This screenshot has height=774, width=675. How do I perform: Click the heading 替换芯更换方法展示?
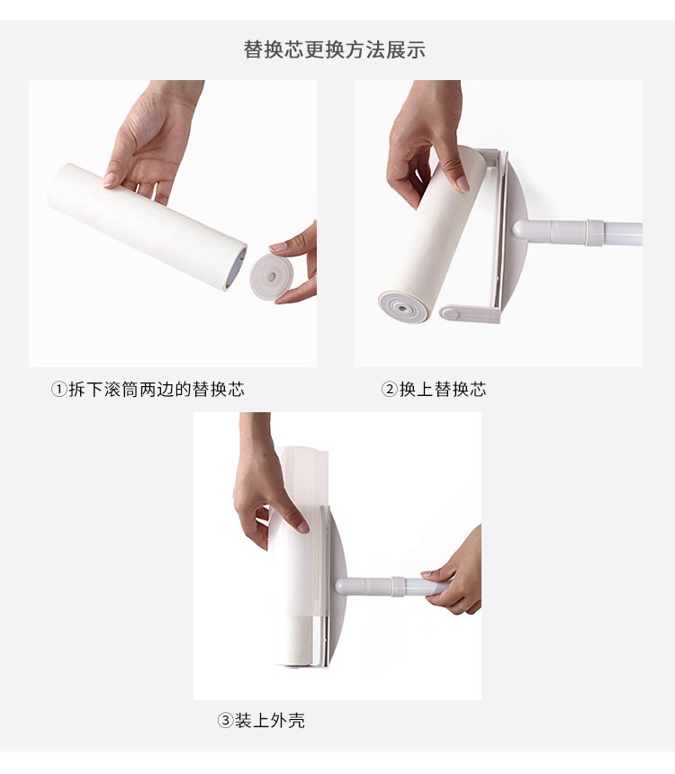click(334, 49)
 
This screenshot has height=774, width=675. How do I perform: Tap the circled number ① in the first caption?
click(58, 390)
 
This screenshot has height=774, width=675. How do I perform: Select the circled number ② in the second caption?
click(390, 390)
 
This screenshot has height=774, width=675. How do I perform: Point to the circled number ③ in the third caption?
click(225, 721)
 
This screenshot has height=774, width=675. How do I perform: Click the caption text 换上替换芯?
click(443, 390)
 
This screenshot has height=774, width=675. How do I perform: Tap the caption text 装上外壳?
click(270, 721)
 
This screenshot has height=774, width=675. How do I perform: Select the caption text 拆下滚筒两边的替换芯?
click(157, 390)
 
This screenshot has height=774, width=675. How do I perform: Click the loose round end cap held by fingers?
click(271, 276)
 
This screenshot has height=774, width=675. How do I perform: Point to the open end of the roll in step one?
click(236, 268)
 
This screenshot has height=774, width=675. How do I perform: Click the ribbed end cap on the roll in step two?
click(403, 308)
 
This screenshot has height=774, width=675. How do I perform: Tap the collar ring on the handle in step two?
click(595, 232)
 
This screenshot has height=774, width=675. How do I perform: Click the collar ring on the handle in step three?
click(398, 587)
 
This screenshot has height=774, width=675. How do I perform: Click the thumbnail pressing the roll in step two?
click(463, 184)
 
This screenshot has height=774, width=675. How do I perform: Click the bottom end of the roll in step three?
click(296, 664)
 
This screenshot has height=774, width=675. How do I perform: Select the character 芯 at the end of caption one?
click(236, 390)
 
